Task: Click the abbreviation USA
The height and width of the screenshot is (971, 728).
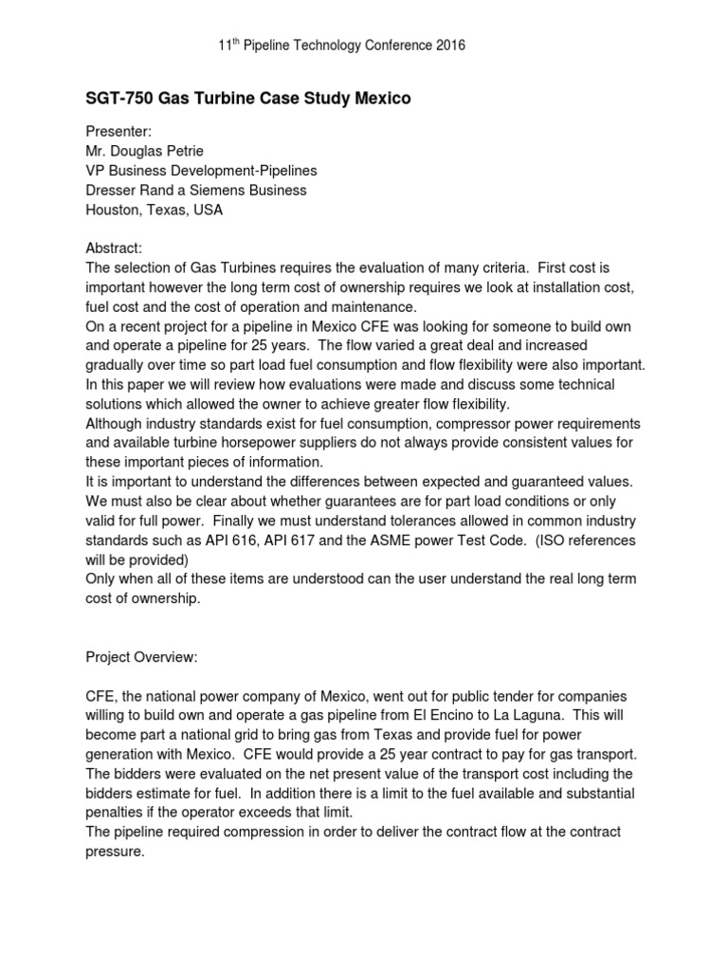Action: tap(206, 210)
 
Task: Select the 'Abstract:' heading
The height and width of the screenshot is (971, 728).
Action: tap(115, 248)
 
